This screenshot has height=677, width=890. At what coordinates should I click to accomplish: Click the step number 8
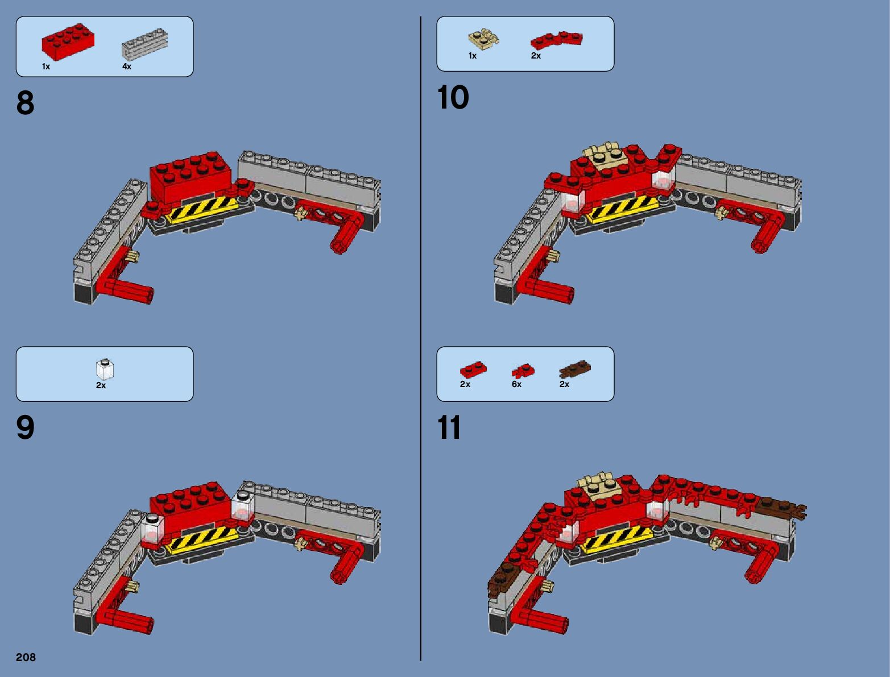coord(26,103)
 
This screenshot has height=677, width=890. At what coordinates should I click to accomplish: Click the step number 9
coord(26,427)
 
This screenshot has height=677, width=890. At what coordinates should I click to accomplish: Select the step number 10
coord(453,98)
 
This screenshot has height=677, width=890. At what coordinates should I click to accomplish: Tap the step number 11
coord(449,427)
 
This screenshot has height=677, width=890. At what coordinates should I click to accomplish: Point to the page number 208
coord(26,657)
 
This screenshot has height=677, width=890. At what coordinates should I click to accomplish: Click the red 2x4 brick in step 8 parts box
coord(68,41)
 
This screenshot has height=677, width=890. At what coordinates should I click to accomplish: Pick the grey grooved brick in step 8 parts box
coord(145,43)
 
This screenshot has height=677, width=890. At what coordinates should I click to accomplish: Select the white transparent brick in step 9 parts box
coord(105,369)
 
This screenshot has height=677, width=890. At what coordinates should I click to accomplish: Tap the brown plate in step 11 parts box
coord(575,369)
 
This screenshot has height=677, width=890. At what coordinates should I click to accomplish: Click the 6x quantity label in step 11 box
coord(516,384)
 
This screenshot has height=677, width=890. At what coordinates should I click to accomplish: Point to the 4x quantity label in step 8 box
coord(127,67)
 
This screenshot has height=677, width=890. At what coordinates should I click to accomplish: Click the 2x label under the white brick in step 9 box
coord(101,385)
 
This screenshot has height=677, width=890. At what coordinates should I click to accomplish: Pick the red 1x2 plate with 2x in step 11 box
coord(473,370)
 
